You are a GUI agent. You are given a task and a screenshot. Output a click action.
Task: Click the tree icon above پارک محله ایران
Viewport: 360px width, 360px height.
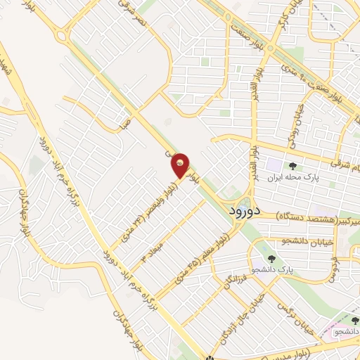(x=292, y=166)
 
